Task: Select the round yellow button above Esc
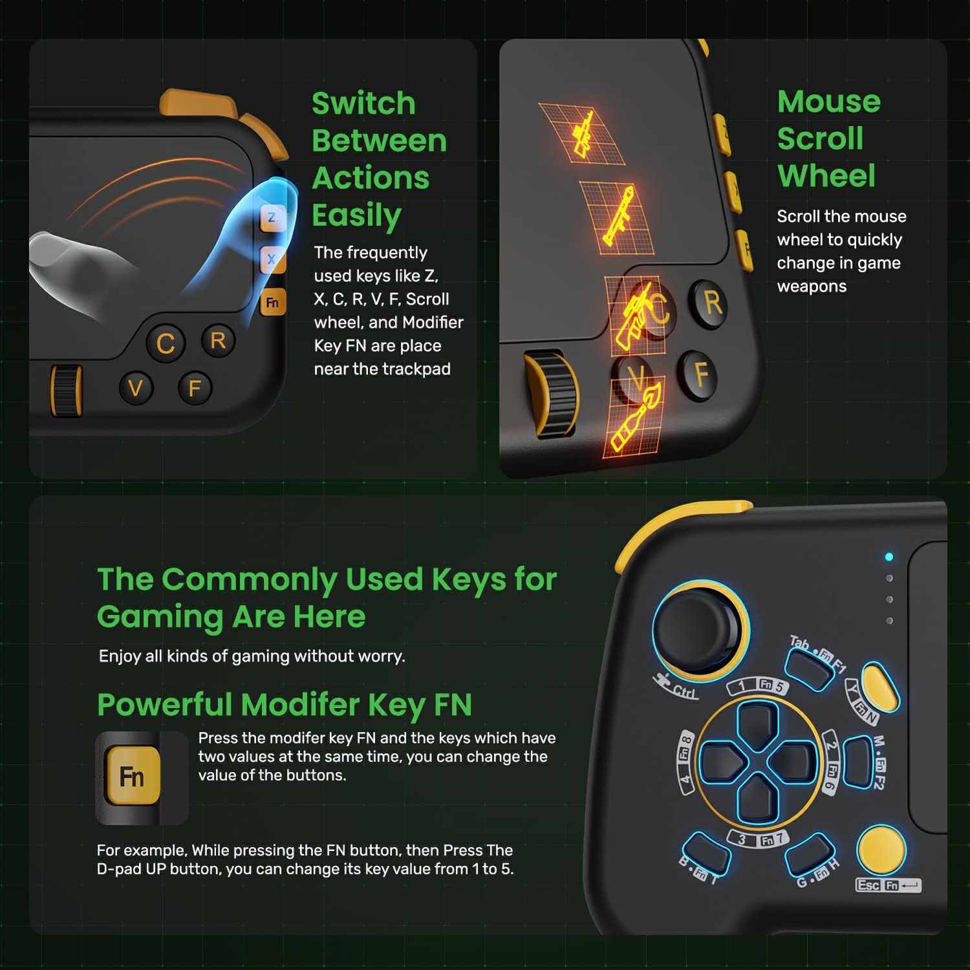tap(881, 850)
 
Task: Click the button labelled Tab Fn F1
tap(809, 669)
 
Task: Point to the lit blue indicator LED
tap(889, 557)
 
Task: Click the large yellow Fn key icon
tap(132, 776)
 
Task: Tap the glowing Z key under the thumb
tap(272, 218)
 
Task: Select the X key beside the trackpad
tap(271, 259)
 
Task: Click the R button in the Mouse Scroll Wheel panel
tap(711, 303)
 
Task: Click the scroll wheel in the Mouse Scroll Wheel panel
tap(549, 394)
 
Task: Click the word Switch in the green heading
tap(363, 103)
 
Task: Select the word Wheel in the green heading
tap(826, 176)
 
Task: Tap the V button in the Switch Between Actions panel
tap(136, 388)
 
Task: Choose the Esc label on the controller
tap(868, 885)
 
